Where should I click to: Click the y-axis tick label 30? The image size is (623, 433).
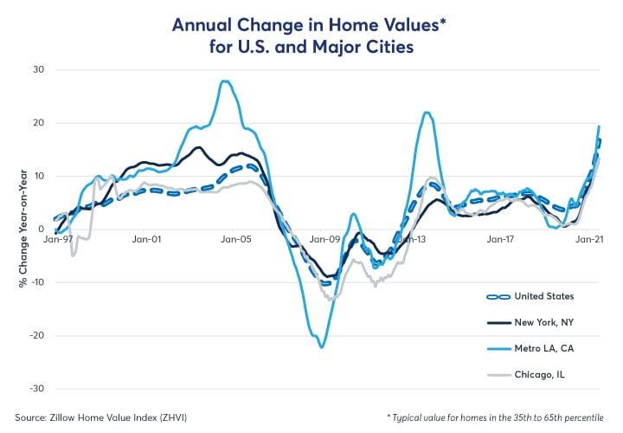point(38,70)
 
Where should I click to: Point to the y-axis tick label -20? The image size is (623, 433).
point(35,335)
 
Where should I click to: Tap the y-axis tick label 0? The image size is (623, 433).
point(41,229)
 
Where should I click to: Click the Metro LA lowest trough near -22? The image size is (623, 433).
point(322,347)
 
